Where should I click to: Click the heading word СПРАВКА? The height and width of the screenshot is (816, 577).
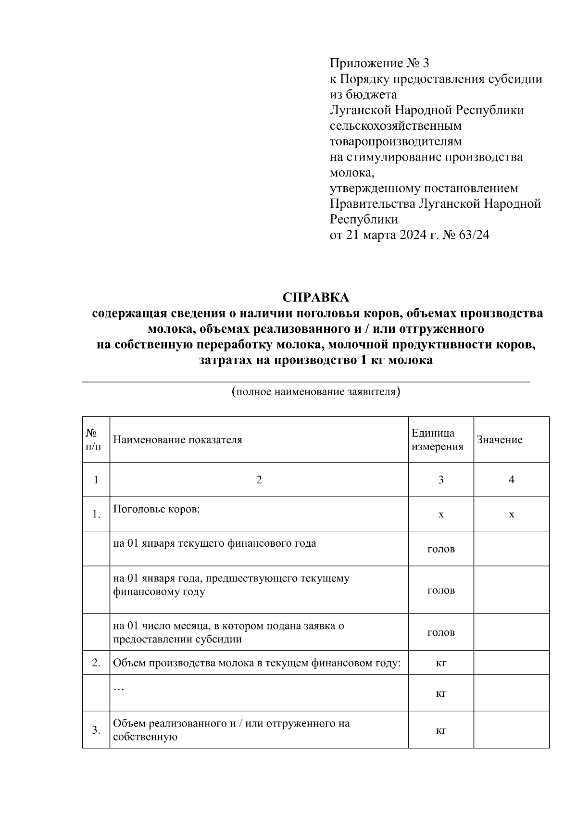pyautogui.click(x=316, y=298)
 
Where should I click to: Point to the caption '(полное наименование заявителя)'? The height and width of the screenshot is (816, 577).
pyautogui.click(x=316, y=391)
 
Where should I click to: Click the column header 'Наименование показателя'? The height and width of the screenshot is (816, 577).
pyautogui.click(x=177, y=440)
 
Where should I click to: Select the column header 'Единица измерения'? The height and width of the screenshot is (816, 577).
pyautogui.click(x=438, y=440)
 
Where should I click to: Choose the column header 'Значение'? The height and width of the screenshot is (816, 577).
pyautogui.click(x=500, y=440)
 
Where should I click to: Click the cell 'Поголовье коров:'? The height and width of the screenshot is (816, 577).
pyautogui.click(x=156, y=509)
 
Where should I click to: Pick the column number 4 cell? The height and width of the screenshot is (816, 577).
pyautogui.click(x=511, y=479)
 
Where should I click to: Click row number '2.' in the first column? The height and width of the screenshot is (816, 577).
pyautogui.click(x=96, y=663)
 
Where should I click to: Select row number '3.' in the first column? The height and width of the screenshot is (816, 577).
pyautogui.click(x=96, y=730)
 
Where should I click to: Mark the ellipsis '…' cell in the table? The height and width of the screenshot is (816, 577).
pyautogui.click(x=118, y=688)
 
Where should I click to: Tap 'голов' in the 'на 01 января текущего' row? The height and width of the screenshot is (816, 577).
pyautogui.click(x=441, y=549)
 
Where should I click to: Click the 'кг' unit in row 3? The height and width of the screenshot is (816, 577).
pyautogui.click(x=441, y=730)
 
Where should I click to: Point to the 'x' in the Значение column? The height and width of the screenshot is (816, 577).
pyautogui.click(x=511, y=515)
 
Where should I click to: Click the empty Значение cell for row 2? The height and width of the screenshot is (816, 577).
pyautogui.click(x=511, y=663)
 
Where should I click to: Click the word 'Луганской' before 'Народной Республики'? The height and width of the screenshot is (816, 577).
pyautogui.click(x=360, y=110)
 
